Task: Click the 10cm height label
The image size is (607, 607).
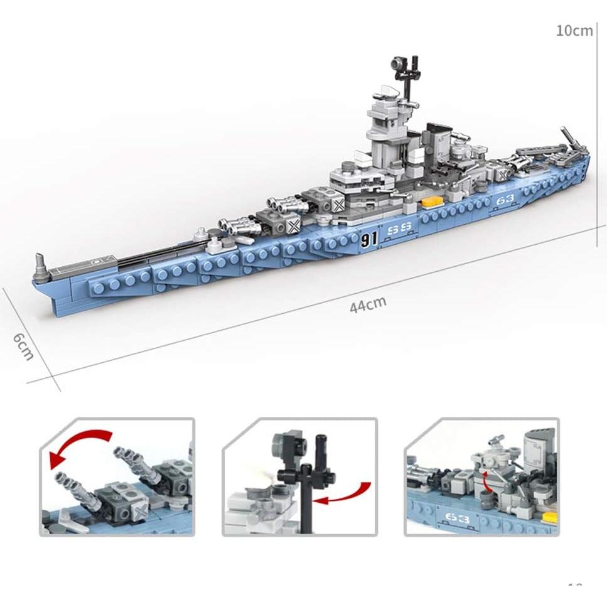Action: [574, 30]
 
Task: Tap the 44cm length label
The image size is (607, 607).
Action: [368, 304]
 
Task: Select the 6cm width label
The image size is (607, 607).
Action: [23, 346]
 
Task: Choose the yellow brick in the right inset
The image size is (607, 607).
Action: [550, 517]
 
